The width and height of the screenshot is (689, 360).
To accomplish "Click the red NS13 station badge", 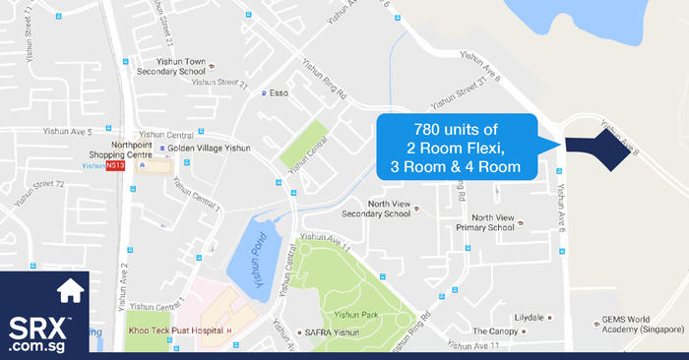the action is click(115, 165).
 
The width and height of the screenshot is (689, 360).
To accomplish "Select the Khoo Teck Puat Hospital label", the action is click(174, 330).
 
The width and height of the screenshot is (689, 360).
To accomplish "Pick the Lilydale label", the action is click(529, 318).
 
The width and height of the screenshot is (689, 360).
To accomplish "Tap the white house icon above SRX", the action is click(70, 291).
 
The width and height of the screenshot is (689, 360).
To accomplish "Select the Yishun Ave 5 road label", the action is click(66, 131).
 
